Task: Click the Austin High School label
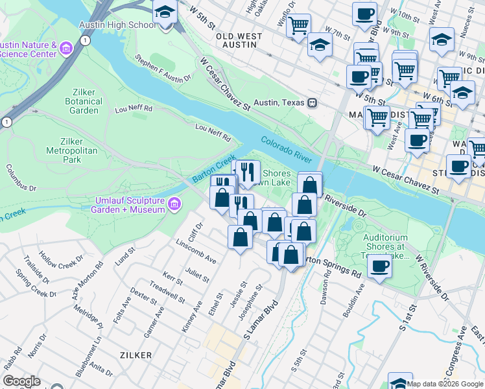(117, 25)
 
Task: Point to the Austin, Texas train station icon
(313, 102)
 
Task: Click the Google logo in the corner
(21, 381)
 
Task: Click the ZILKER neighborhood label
(136, 355)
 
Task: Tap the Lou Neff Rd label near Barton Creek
(213, 134)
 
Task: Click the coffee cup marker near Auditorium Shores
(380, 266)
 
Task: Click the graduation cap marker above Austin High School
(165, 12)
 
